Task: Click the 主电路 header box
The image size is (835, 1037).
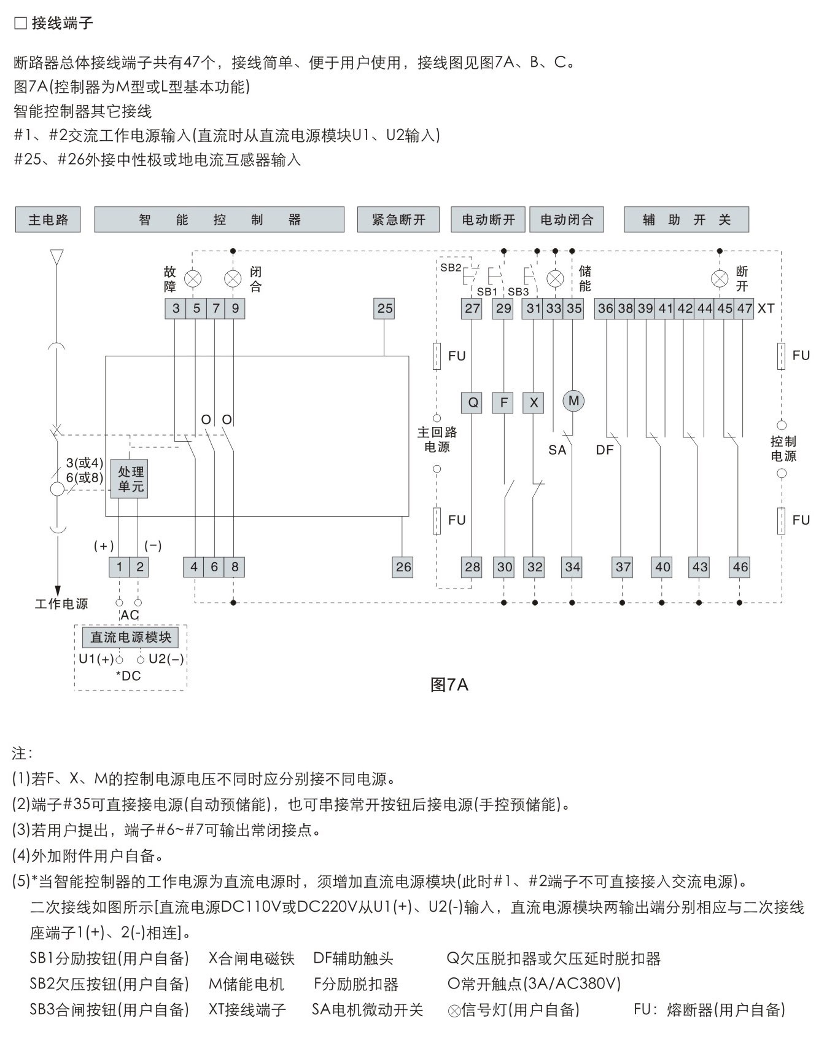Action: point(48,220)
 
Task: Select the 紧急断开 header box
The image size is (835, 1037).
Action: point(398,220)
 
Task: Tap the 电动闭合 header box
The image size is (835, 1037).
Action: point(567,220)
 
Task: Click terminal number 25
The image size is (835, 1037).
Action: point(384,308)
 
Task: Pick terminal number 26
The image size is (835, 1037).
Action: point(403,567)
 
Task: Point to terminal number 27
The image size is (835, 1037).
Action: point(472,308)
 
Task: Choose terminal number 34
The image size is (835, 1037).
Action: point(572,567)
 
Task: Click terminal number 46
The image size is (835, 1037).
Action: point(740,567)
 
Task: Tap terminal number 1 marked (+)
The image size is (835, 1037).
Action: point(119,567)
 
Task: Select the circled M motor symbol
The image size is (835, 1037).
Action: point(573,401)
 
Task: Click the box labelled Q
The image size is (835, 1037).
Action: point(472,403)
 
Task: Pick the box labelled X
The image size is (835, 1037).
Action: point(534,403)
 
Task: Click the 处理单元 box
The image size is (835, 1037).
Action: point(130,479)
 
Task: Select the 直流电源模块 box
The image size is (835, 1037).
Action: point(131,638)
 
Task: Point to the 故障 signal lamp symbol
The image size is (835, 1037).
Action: point(193,279)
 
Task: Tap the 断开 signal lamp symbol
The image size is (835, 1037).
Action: point(720,279)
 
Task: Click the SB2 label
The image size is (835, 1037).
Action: point(451,268)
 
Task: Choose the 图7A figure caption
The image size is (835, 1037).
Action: point(449,685)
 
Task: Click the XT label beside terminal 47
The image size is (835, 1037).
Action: point(766,308)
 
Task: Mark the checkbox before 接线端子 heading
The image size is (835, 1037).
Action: point(20,23)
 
